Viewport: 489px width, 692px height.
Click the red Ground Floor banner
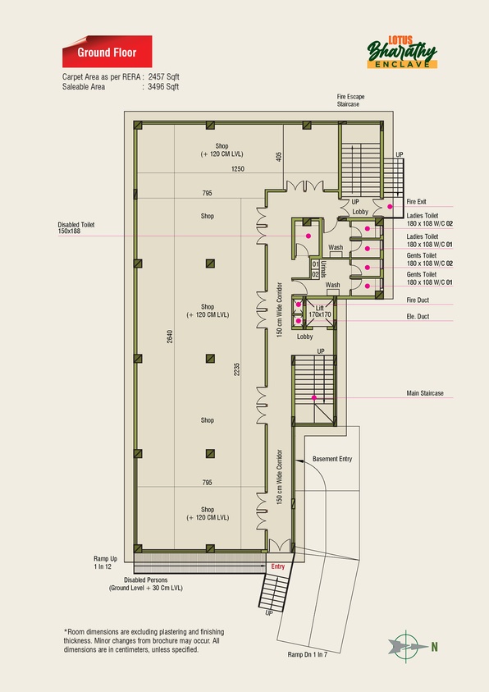tap(107, 52)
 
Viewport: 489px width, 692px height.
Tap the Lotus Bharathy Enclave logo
tap(402, 52)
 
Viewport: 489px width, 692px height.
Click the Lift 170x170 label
tap(320, 311)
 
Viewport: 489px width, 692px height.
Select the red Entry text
tap(278, 566)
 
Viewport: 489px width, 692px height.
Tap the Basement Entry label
tap(332, 459)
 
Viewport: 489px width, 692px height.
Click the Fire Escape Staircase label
tap(350, 100)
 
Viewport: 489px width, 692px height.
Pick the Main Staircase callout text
tap(425, 392)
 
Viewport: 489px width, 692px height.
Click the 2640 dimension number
tap(170, 337)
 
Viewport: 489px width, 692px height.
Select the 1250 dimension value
tap(238, 168)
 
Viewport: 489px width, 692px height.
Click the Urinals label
tap(323, 268)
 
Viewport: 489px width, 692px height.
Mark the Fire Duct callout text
tap(418, 300)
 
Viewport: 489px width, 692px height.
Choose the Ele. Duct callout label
tap(418, 316)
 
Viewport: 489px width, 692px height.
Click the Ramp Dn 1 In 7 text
tap(308, 654)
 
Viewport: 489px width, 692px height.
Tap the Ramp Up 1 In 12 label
tap(105, 562)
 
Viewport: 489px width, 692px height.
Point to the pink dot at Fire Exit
tap(390, 206)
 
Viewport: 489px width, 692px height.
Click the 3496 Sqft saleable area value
tap(163, 86)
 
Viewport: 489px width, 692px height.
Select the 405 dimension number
tap(278, 157)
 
